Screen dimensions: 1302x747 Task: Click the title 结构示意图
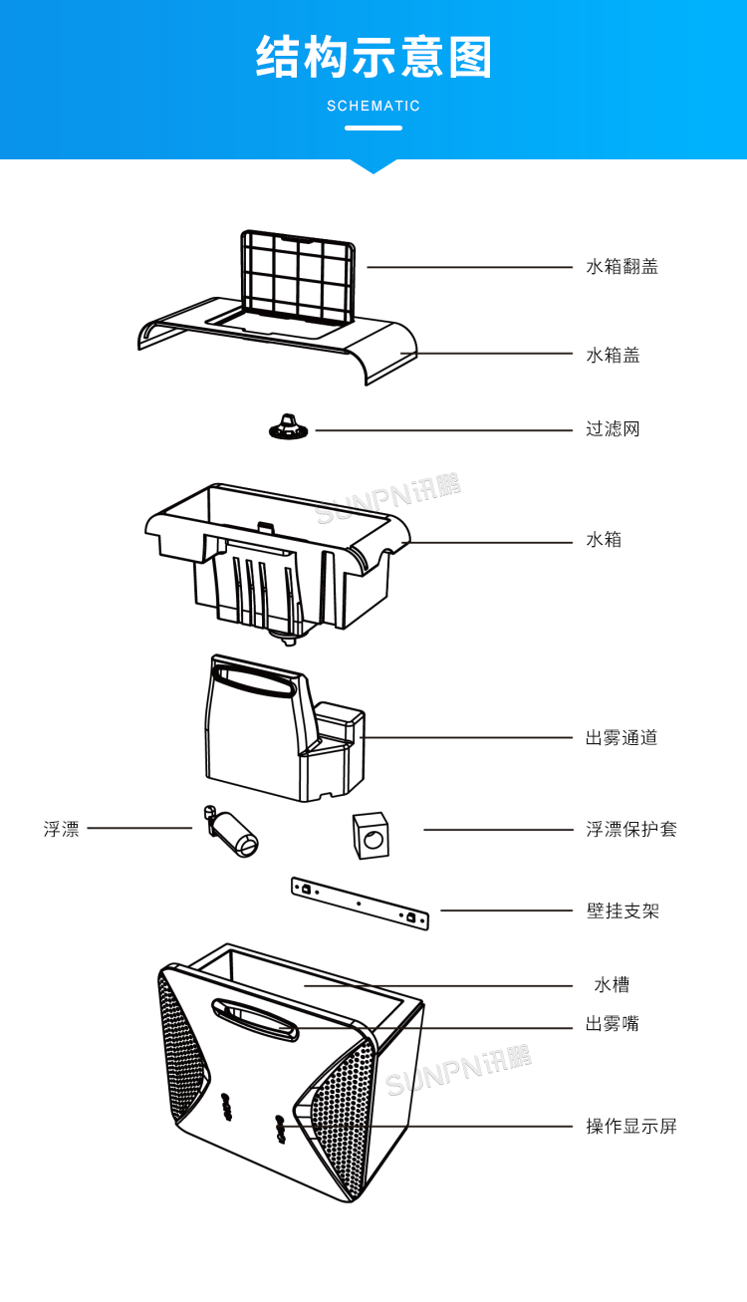click(x=373, y=57)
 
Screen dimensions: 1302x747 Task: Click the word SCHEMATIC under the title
click(x=373, y=106)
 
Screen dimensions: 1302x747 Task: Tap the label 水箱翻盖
click(x=622, y=267)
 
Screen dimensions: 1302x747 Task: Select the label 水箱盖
click(x=613, y=355)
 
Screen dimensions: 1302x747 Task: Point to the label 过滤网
click(x=613, y=429)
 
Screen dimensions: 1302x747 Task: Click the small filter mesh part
click(x=288, y=428)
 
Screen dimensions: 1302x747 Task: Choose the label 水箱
click(x=604, y=540)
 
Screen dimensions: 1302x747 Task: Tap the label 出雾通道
click(x=622, y=738)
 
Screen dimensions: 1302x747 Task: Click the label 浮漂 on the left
click(x=62, y=829)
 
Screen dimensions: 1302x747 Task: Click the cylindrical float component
click(x=235, y=833)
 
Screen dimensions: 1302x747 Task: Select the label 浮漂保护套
click(x=630, y=830)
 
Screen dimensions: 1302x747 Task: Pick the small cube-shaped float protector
click(x=371, y=835)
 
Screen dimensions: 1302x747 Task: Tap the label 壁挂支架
click(x=622, y=911)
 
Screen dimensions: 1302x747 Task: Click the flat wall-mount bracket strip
click(x=359, y=904)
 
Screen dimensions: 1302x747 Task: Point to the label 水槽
click(x=612, y=985)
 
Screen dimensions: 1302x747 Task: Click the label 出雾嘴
click(x=613, y=1024)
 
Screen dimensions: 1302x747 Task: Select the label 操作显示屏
click(x=630, y=1127)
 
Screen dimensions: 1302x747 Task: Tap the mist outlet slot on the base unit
click(x=255, y=1018)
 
